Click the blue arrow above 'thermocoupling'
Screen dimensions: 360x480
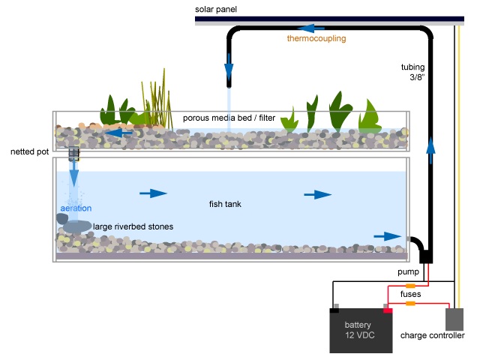(x=315, y=28)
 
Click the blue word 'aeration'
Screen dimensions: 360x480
(x=75, y=207)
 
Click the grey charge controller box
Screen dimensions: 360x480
(x=454, y=319)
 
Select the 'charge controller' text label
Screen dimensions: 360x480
(x=433, y=335)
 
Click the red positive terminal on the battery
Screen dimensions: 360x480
(x=388, y=308)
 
